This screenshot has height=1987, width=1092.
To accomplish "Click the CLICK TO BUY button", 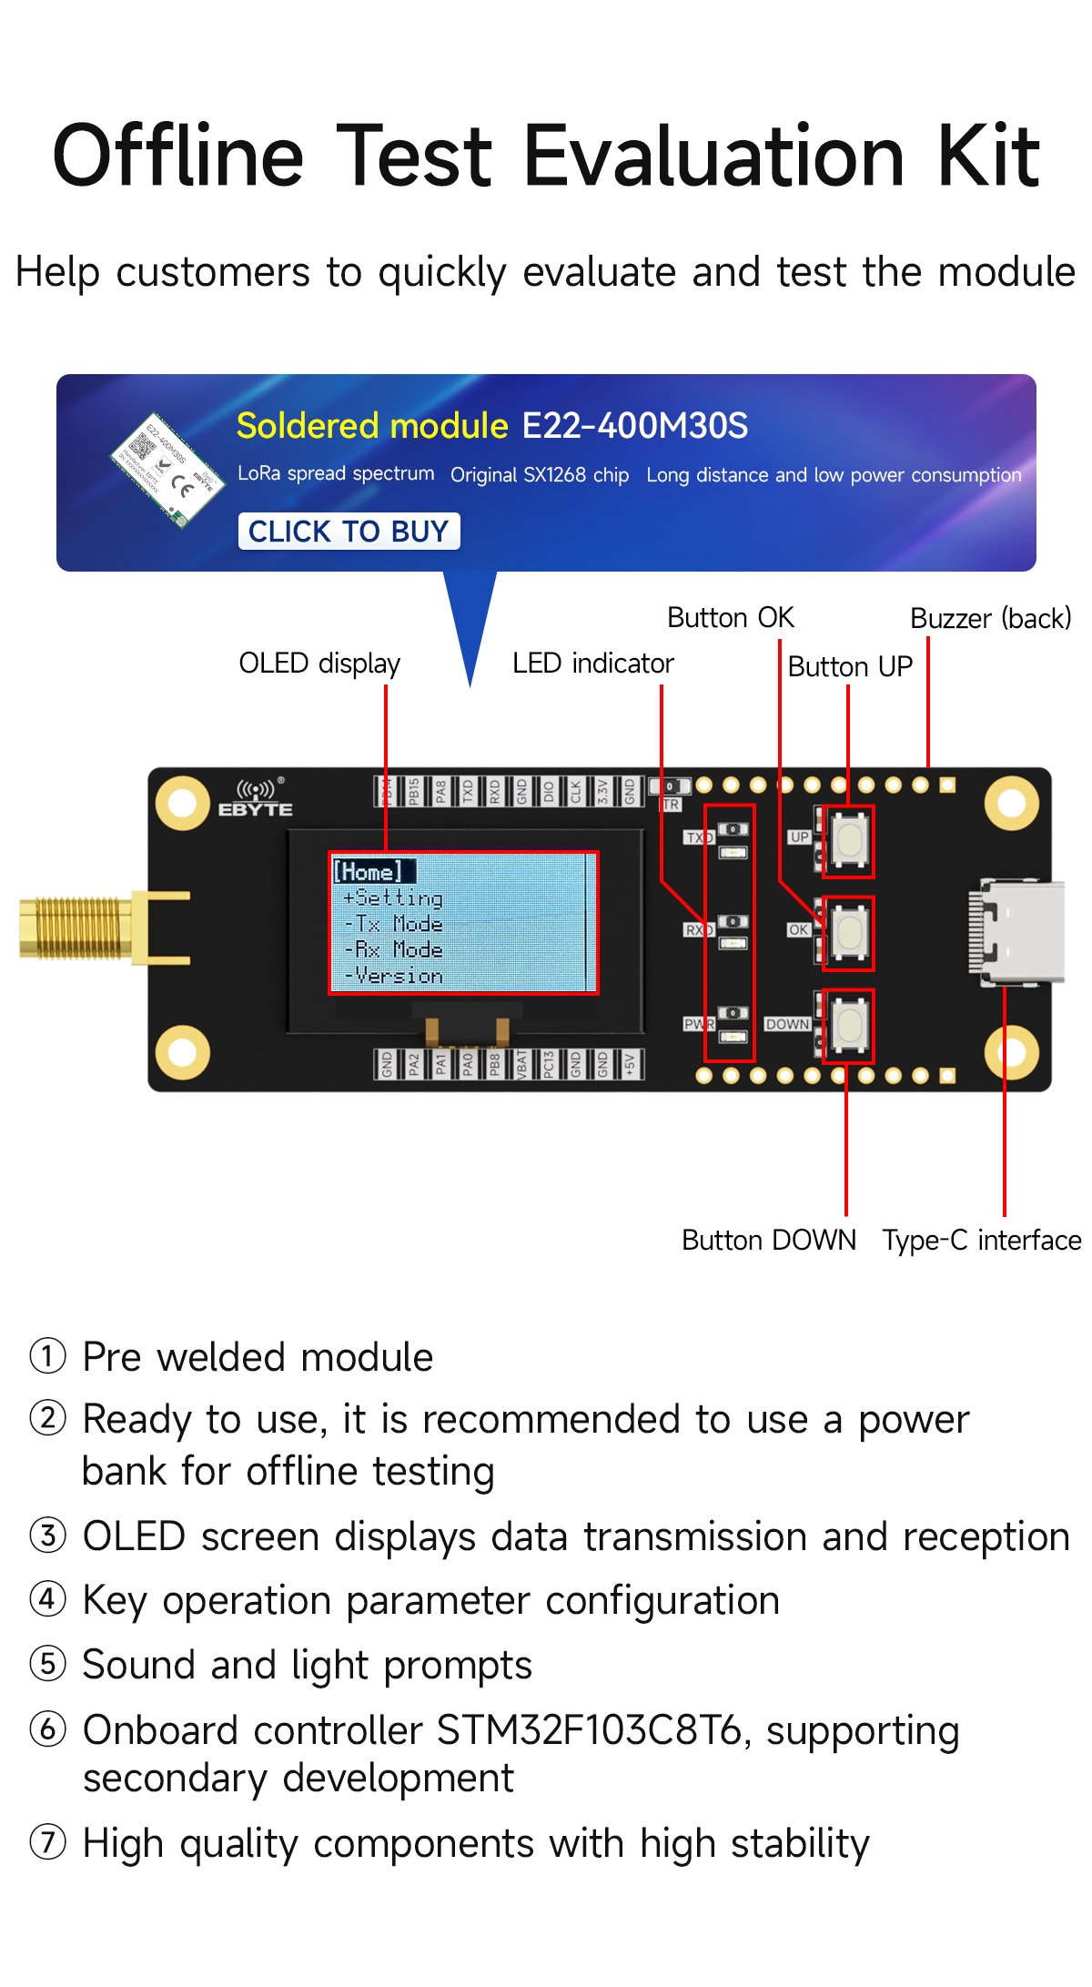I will coord(349,532).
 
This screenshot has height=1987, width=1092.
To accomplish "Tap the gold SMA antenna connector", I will coord(77,928).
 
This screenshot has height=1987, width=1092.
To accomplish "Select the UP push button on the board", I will coord(850,841).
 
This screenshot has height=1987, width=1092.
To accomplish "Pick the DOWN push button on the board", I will coord(850,1025).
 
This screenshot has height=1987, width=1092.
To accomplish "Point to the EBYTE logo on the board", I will coord(256,798).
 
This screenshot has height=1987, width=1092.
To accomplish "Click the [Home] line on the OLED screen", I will coord(369,871).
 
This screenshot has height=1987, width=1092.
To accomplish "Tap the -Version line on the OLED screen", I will coord(395,977).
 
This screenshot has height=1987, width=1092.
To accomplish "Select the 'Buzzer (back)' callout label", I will coord(990,619).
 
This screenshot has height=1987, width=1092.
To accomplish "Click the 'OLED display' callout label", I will coord(319,664).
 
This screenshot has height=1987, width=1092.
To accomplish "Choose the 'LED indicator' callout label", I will coord(592,664).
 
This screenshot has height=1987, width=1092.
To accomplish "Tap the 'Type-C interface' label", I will coord(981,1241).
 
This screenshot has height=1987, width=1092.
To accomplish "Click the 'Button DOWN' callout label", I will coord(769,1241).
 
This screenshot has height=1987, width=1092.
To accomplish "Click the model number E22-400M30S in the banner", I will coord(635,426).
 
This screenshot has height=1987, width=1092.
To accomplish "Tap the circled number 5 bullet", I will coord(47,1664).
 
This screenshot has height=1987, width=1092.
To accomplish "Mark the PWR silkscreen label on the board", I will coord(698,1024).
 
